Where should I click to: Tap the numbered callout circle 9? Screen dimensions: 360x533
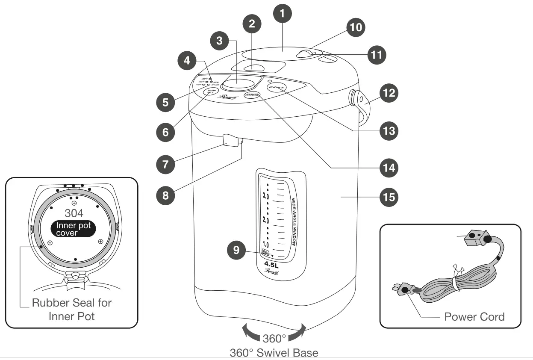236,250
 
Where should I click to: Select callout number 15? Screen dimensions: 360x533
389,197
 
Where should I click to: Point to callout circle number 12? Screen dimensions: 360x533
389,93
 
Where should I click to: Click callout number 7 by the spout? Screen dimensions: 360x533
165,164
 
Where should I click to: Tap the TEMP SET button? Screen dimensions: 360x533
210,92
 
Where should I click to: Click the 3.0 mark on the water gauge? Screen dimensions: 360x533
266,196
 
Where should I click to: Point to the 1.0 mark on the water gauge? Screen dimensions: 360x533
265,245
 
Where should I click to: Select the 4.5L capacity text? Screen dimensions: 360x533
272,264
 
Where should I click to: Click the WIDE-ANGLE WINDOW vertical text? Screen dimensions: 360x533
294,221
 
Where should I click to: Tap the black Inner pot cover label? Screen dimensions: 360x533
73,229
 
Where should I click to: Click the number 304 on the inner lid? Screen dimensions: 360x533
74,213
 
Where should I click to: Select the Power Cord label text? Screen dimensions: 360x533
474,317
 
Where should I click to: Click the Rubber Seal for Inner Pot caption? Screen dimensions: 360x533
71,310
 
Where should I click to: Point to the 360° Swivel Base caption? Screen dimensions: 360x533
274,353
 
